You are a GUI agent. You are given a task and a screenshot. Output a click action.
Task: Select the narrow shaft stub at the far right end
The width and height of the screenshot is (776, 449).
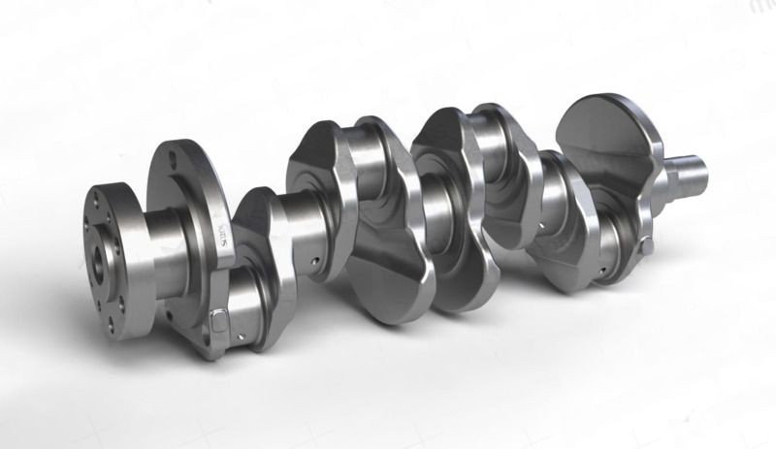pyautogui.click(x=691, y=175)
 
